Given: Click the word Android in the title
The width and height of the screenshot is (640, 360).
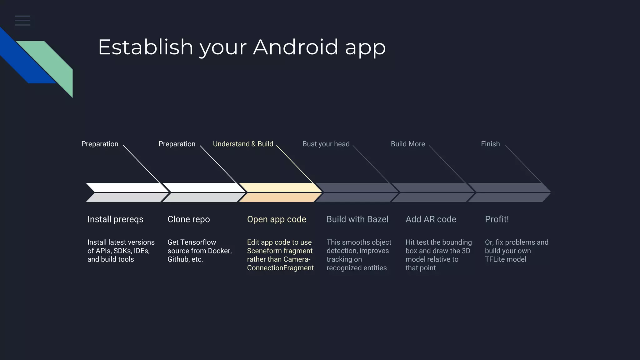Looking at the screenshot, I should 295,47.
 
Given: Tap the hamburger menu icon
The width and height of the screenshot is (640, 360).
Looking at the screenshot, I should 22,21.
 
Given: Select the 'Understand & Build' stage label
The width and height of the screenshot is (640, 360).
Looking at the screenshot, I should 243,144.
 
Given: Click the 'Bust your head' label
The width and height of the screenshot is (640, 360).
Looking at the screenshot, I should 326,144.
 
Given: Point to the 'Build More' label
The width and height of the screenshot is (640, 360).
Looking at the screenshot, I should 407,144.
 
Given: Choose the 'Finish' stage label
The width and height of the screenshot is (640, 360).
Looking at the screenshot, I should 490,144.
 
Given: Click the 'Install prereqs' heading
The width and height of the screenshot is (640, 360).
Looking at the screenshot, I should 115,219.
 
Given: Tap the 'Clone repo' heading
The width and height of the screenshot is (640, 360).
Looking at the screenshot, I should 188,219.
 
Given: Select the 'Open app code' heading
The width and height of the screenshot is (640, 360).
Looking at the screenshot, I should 277,219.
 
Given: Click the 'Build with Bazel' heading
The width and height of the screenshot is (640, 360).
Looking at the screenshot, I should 357,219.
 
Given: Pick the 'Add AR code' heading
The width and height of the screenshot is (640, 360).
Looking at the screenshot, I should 431,219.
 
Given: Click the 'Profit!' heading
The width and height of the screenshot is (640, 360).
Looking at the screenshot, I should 497,219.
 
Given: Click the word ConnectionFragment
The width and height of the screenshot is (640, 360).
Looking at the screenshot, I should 280,268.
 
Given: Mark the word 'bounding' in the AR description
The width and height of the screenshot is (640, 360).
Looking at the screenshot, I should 457,242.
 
